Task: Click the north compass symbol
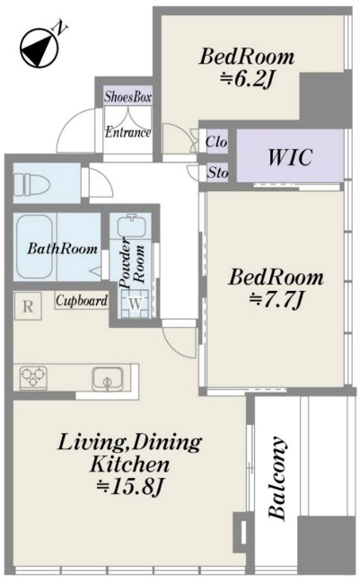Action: (x=39, y=49)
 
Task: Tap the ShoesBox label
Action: (x=127, y=97)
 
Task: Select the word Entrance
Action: (x=127, y=132)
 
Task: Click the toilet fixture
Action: (x=32, y=183)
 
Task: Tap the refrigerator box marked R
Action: (x=28, y=306)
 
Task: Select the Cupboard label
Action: (x=82, y=300)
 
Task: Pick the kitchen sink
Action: (x=108, y=378)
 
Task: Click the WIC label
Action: (x=290, y=157)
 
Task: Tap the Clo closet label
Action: (x=215, y=142)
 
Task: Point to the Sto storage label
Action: (x=217, y=172)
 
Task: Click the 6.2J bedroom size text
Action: (x=246, y=79)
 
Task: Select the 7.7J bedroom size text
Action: (x=277, y=299)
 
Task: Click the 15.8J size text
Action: (x=129, y=486)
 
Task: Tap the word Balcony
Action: (x=277, y=478)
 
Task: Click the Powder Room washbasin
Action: (x=130, y=225)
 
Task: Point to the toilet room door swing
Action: (x=100, y=181)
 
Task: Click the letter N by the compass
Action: (x=60, y=28)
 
